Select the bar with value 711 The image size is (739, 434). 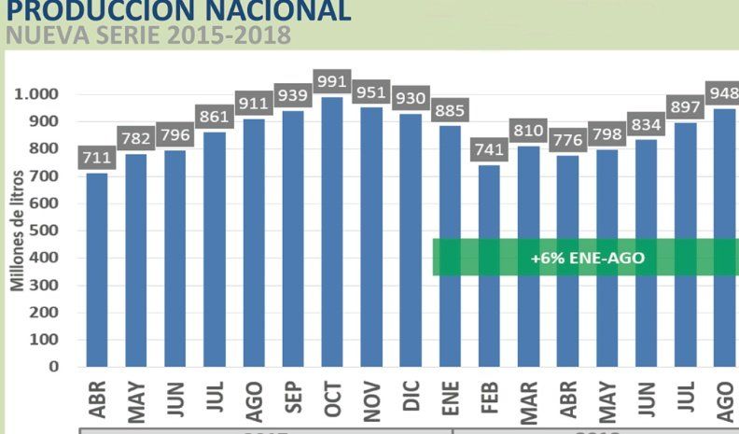[x=97, y=270]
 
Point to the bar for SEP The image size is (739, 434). [x=293, y=238]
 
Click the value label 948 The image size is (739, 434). [x=723, y=92]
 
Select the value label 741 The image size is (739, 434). [x=488, y=149]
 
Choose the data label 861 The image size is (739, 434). [x=215, y=117]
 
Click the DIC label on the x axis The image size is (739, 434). [x=411, y=398]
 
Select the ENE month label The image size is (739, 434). [x=451, y=398]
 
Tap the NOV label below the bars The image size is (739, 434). [x=372, y=398]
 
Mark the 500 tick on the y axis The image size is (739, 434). [x=46, y=231]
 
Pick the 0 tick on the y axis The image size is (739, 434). [x=54, y=367]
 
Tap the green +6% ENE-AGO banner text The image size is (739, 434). [x=587, y=258]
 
